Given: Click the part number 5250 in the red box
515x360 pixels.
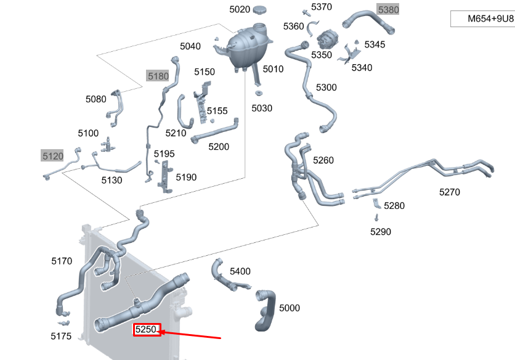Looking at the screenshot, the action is [x=146, y=329].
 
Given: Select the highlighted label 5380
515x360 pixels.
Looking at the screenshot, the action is [x=388, y=10].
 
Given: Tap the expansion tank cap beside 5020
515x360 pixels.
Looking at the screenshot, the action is [x=259, y=9].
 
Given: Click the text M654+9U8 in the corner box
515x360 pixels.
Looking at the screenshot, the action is [x=490, y=18].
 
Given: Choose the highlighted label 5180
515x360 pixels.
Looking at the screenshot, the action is [x=158, y=76].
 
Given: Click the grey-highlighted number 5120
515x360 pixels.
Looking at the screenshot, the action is [x=52, y=155].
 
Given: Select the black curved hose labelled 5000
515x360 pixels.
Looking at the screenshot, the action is [x=266, y=310].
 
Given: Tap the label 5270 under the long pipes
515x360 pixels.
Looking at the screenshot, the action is [x=449, y=192].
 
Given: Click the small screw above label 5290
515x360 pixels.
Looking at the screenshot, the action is [x=376, y=218].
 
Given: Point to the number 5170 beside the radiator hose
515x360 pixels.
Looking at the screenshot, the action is [x=62, y=261].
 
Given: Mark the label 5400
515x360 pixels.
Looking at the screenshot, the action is [x=240, y=271].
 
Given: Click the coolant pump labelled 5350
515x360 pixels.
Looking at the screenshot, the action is [x=325, y=40].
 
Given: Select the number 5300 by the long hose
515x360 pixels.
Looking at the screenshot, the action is [x=326, y=88].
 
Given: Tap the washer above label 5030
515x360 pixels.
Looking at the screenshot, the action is [x=259, y=93].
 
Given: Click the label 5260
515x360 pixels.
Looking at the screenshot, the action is [x=323, y=160].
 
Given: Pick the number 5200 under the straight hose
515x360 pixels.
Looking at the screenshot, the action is [x=219, y=147].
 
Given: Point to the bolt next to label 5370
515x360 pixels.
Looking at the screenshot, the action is [x=306, y=13].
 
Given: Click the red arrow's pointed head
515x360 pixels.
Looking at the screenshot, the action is [x=160, y=332].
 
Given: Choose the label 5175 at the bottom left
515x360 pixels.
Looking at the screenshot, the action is [x=61, y=336].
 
